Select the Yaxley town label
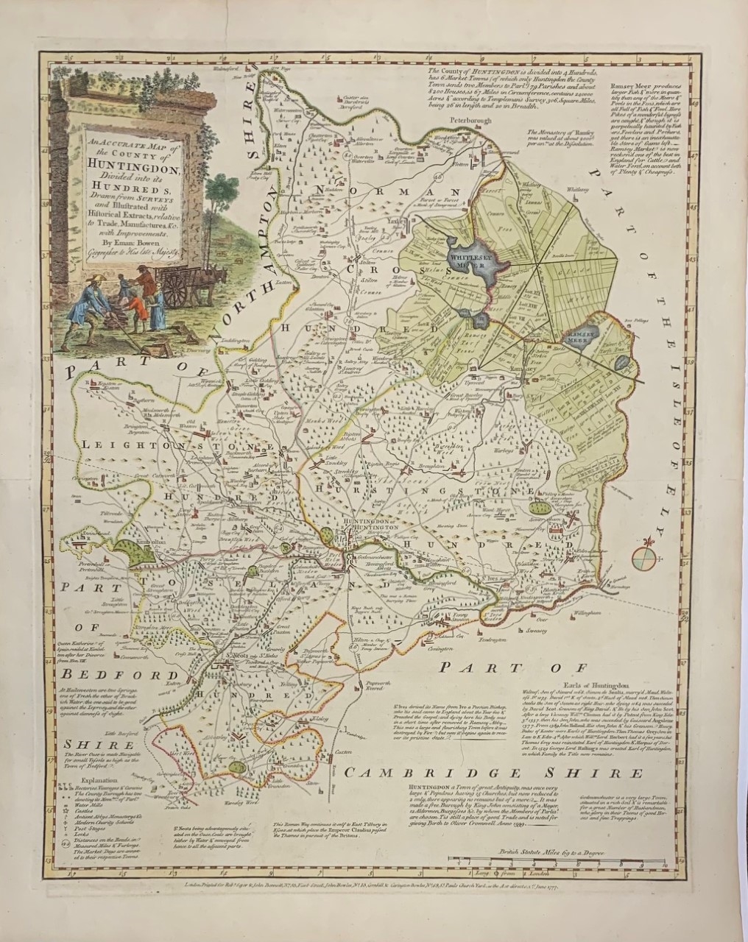click(378, 219)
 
